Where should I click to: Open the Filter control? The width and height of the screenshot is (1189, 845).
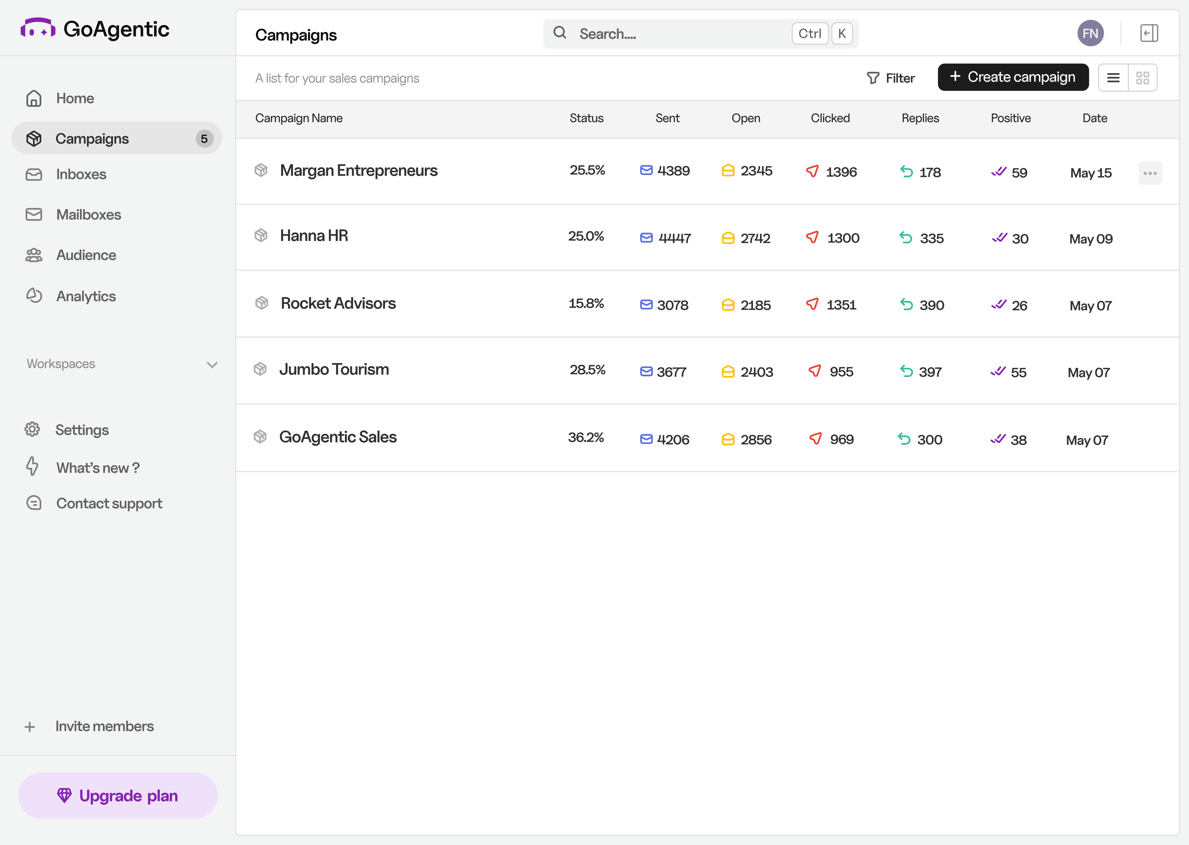pos(891,78)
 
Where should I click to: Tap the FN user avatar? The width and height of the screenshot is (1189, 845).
pos(1090,34)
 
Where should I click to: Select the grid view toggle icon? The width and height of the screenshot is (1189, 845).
pos(1142,78)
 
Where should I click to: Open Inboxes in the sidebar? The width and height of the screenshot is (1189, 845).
pos(81,174)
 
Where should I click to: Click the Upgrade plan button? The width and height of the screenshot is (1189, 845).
pos(118,795)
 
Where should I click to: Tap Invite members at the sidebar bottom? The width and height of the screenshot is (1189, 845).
pos(104,726)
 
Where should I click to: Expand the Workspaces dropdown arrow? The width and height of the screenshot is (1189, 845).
pos(212,365)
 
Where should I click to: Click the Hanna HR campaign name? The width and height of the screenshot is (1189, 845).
pos(314,236)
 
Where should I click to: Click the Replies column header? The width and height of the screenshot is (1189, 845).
pos(920,119)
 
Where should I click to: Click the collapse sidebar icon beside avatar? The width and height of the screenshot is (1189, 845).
pos(1148,34)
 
